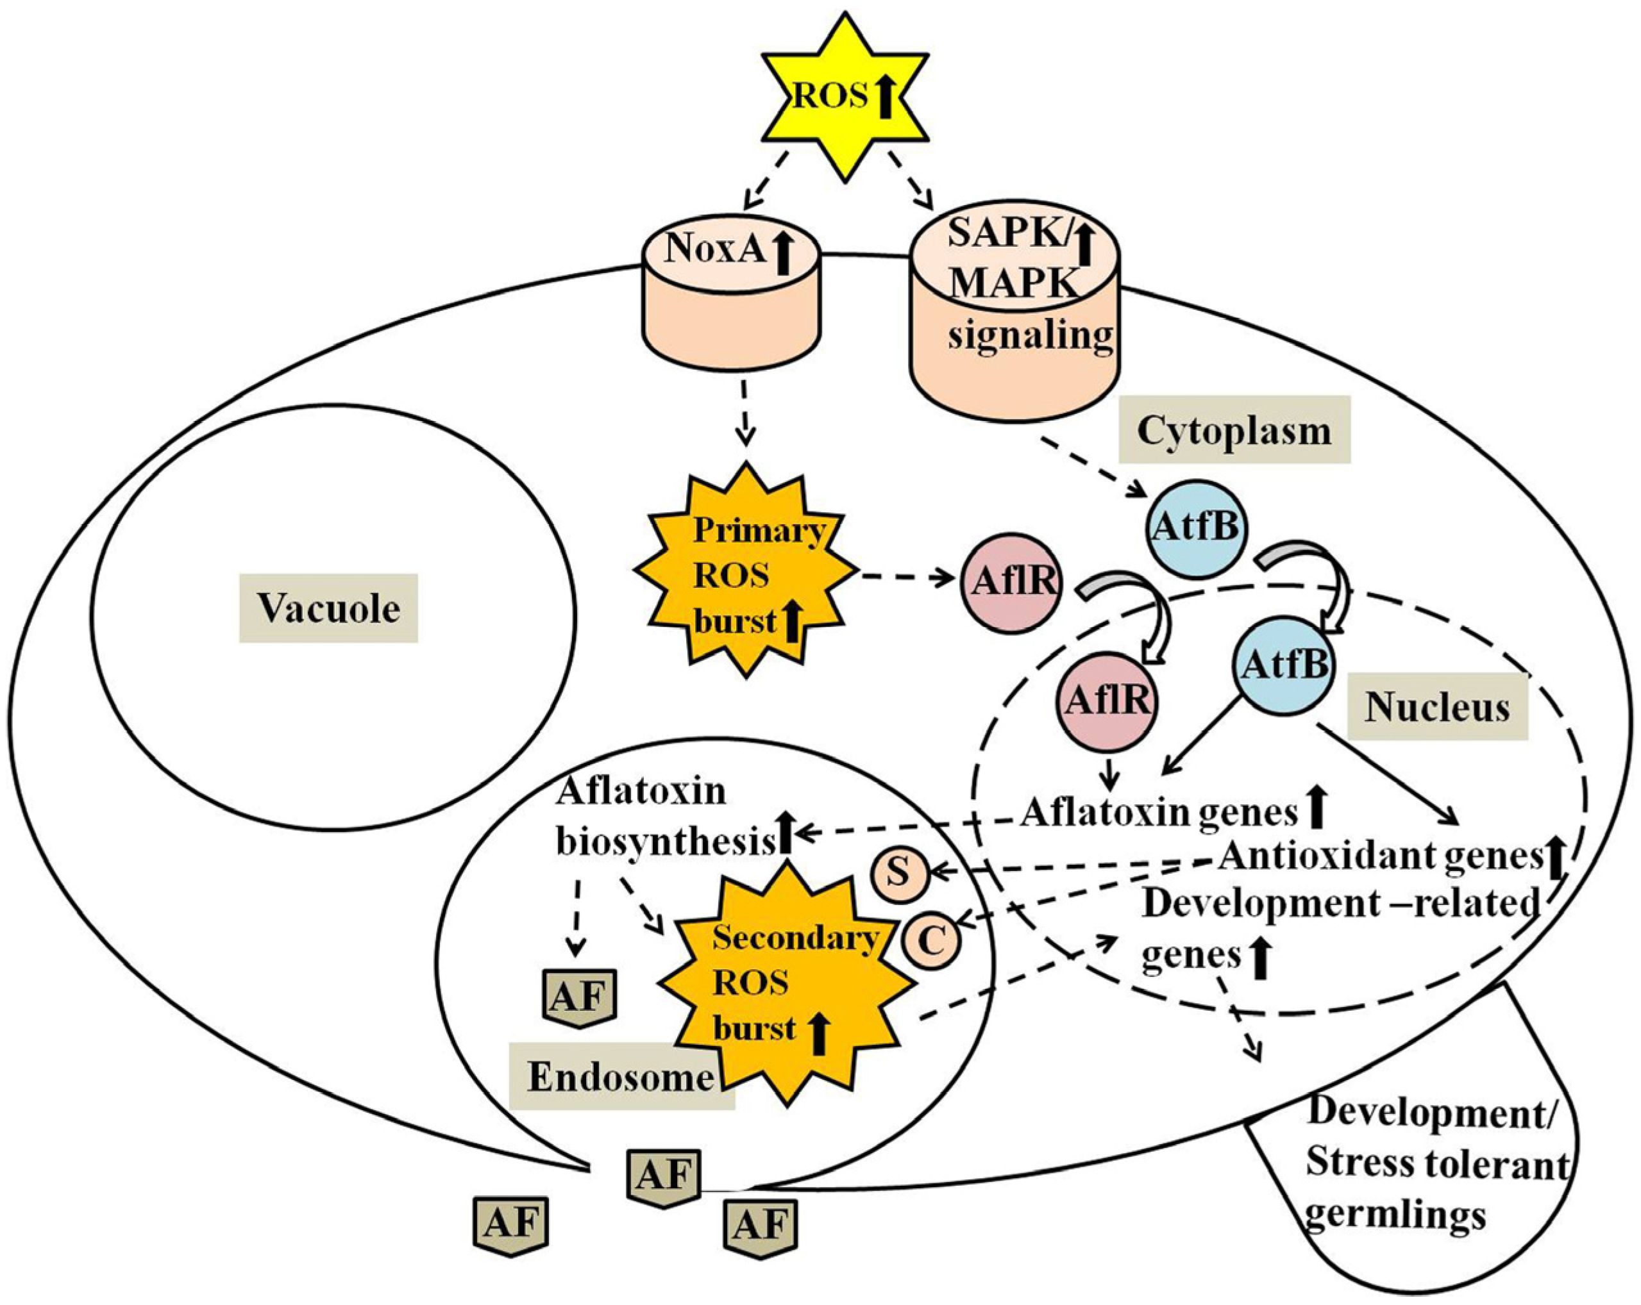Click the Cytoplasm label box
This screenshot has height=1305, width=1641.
1233,430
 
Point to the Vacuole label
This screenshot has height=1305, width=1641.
328,609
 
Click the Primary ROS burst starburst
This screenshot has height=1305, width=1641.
746,574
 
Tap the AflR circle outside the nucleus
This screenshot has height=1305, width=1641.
1010,582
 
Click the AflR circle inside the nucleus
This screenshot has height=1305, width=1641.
1107,700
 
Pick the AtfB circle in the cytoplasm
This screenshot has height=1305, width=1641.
1197,528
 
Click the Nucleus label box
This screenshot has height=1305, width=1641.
1436,708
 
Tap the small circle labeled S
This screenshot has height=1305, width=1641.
898,874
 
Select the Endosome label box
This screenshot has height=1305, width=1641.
620,1077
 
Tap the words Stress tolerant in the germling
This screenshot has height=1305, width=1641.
1436,1165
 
